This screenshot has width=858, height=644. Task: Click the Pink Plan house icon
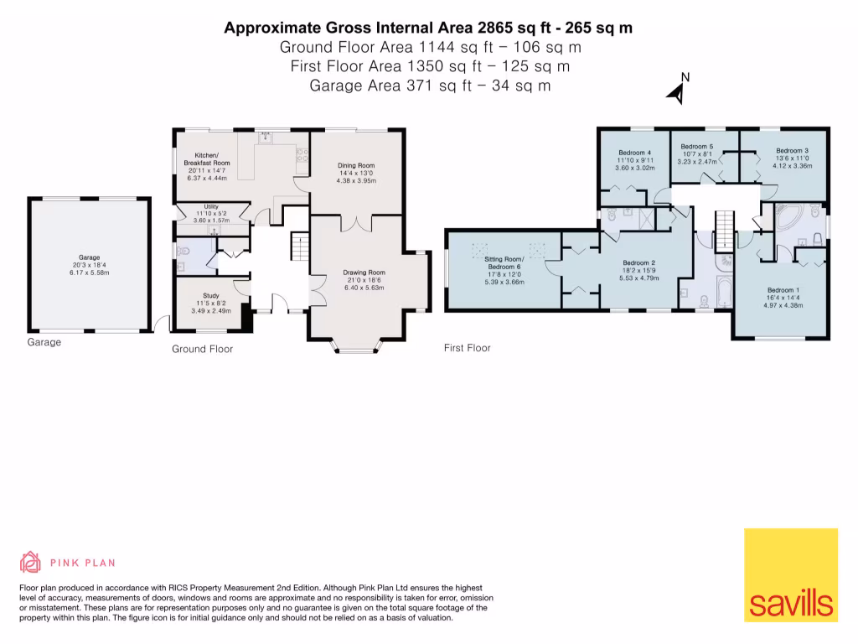(x=31, y=563)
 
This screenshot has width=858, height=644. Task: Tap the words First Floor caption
(x=467, y=348)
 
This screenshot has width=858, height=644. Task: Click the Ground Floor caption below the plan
(x=202, y=349)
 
